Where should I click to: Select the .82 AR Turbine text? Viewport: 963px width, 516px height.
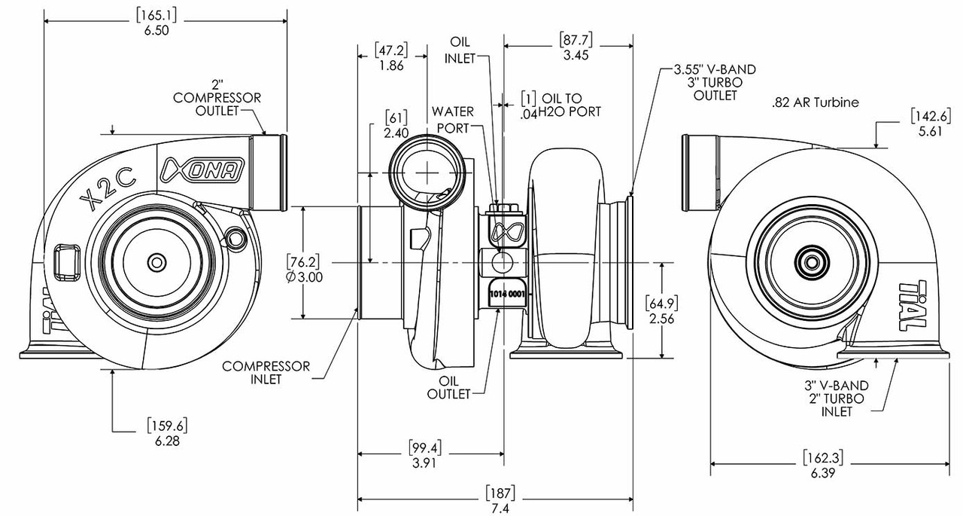point(815,102)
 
